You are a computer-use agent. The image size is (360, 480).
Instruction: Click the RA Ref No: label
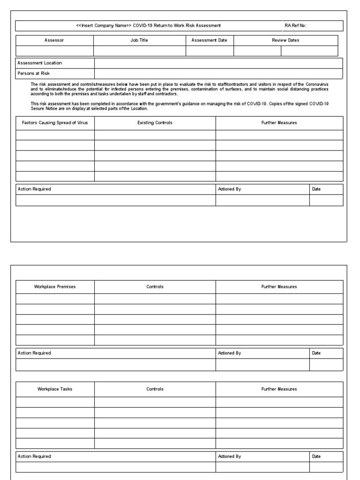click(295, 25)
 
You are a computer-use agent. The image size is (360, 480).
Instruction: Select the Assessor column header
click(54, 40)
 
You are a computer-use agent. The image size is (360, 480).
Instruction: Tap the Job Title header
click(139, 40)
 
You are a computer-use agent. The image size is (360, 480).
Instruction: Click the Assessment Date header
click(209, 40)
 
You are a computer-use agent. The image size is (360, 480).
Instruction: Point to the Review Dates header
click(285, 40)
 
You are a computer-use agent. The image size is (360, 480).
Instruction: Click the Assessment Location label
click(39, 63)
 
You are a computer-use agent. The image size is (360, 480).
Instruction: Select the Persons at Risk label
click(33, 73)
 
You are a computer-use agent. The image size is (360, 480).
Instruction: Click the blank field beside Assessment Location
click(218, 63)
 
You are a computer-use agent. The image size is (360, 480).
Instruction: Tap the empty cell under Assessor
click(54, 51)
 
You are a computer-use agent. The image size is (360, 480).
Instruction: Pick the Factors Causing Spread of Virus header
click(54, 123)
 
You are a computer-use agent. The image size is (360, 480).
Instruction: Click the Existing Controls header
click(155, 123)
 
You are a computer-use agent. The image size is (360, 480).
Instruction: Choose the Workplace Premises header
click(55, 287)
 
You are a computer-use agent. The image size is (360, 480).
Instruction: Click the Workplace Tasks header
click(55, 389)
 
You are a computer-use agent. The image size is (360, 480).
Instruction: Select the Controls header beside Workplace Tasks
click(155, 389)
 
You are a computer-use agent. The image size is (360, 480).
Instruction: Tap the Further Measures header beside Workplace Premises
click(279, 287)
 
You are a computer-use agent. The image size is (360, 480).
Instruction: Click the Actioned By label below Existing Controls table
click(229, 189)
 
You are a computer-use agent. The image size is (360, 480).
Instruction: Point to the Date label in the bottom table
click(316, 456)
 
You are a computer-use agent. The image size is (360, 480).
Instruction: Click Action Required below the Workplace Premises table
click(34, 353)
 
